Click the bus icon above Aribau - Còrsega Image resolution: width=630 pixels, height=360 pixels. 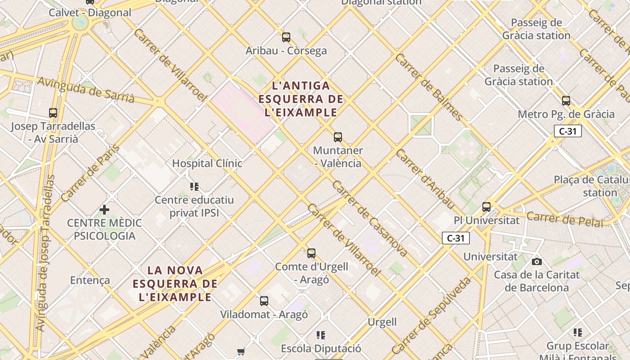coord(286,37)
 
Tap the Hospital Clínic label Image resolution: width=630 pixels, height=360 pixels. coord(207,163)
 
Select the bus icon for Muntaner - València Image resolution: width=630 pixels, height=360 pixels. coord(338,137)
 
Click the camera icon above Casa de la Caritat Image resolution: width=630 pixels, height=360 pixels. coord(536,261)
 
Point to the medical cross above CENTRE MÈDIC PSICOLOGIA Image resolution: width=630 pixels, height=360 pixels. coord(104,210)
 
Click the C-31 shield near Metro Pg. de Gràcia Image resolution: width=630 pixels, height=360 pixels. coord(567,131)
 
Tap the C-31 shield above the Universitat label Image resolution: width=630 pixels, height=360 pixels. coord(455,238)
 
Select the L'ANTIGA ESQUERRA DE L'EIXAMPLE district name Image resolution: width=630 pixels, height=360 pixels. coord(301,99)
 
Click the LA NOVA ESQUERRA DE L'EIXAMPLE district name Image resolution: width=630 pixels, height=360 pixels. coord(175,283)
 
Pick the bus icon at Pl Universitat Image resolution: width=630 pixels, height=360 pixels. coord(486,207)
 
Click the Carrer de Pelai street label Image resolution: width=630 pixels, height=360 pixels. coord(564,219)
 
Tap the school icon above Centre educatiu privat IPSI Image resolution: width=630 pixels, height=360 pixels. coord(194,186)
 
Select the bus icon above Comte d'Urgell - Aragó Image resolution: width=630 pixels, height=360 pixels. coord(311,253)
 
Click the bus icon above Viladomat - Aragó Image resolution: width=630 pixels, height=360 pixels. coord(264,301)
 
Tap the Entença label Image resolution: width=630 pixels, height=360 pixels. coord(90,280)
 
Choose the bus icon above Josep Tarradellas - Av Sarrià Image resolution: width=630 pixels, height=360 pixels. coord(53,113)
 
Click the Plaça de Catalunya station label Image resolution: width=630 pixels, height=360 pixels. coord(591,186)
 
